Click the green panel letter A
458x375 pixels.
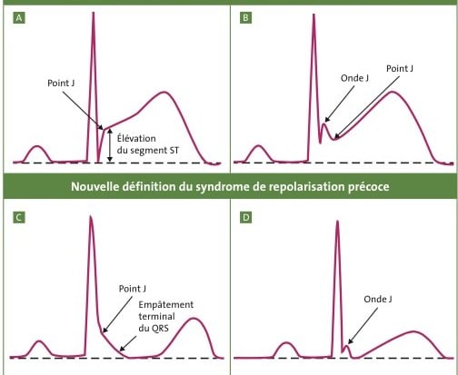click(19, 18)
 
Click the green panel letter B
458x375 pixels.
click(245, 18)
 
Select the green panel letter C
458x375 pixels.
click(19, 218)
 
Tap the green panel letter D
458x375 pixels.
click(245, 218)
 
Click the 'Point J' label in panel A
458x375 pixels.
click(61, 84)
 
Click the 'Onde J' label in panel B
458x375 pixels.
click(354, 78)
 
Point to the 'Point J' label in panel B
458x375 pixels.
click(400, 69)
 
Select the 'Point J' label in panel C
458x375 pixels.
click(133, 289)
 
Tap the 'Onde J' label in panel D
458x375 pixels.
click(378, 300)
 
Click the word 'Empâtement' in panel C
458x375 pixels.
click(166, 305)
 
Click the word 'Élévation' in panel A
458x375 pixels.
click(136, 138)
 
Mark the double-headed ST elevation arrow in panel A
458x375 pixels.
click(110, 145)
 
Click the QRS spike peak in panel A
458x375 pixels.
click(94, 14)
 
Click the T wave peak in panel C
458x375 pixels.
click(194, 319)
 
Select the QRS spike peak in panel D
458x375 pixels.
click(337, 222)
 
